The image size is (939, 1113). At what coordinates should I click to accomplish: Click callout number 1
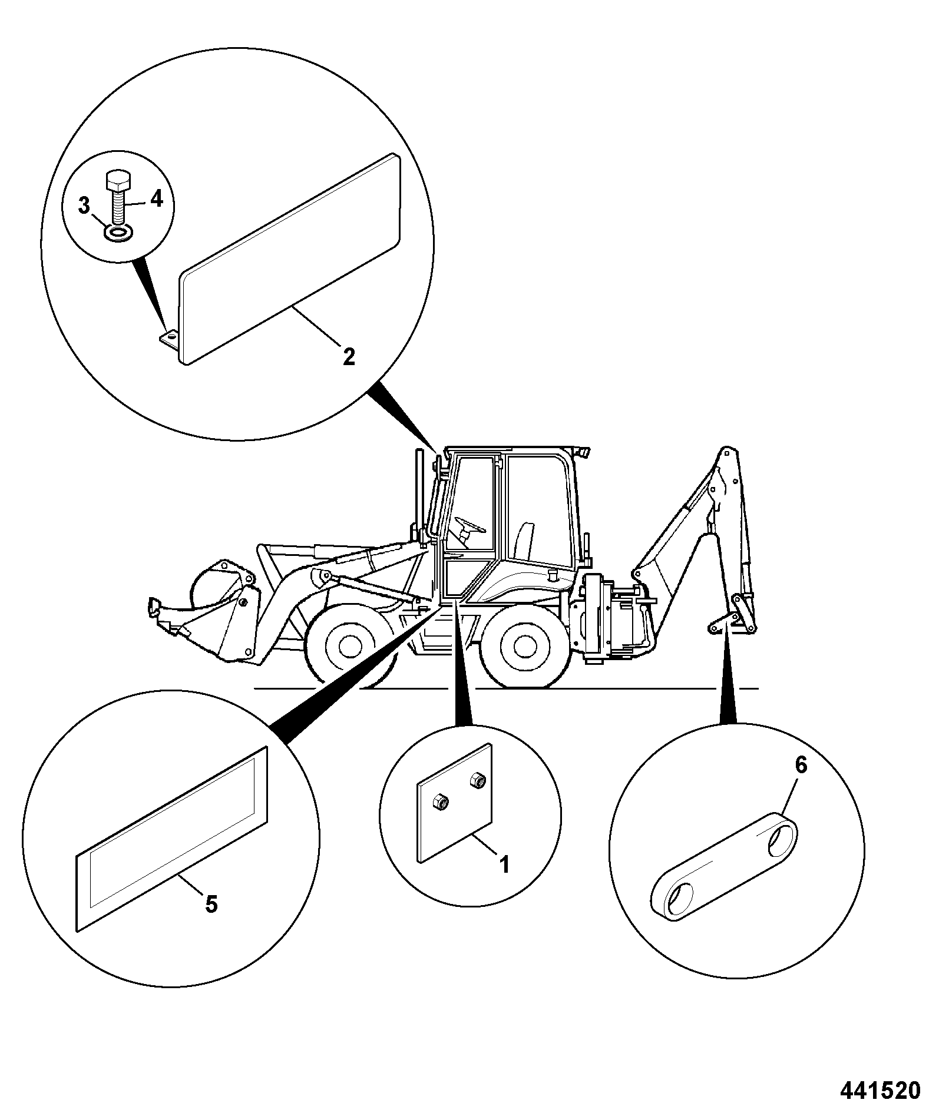(x=504, y=864)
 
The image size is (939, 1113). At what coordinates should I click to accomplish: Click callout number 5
(x=211, y=903)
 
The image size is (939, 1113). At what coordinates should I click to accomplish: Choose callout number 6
(x=801, y=765)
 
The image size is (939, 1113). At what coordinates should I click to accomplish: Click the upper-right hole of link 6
(x=779, y=843)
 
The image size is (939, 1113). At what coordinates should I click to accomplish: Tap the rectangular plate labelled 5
(x=172, y=839)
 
